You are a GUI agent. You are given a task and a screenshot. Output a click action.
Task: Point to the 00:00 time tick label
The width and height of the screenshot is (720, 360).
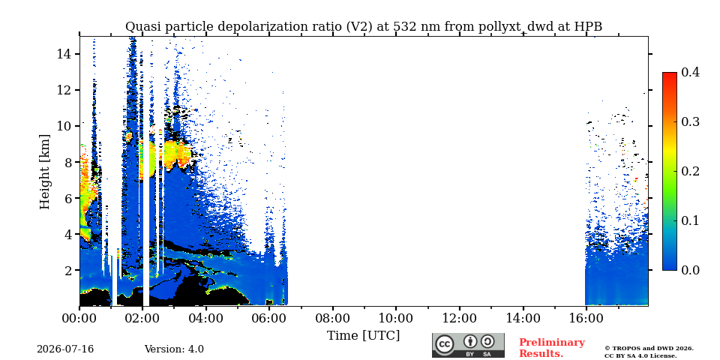click(x=79, y=318)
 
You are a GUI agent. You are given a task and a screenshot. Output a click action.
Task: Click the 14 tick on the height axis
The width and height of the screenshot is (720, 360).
click(x=64, y=54)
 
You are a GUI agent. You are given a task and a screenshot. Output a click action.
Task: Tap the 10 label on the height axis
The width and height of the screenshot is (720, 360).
click(x=64, y=126)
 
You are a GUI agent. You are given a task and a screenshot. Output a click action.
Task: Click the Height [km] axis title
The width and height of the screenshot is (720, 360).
click(x=44, y=172)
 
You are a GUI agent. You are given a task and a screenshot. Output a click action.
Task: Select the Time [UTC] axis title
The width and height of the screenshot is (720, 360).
click(x=363, y=336)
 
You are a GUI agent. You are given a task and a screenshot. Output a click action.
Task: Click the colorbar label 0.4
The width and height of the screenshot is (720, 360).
click(x=690, y=72)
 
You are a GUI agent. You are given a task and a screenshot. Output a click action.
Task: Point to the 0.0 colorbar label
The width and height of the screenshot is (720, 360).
click(x=690, y=270)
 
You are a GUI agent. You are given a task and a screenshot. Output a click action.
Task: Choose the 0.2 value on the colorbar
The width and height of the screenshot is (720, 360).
click(x=690, y=171)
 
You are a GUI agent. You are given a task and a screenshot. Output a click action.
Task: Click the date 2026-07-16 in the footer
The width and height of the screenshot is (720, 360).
click(x=65, y=349)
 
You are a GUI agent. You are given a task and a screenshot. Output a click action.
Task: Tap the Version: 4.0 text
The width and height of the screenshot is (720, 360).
click(x=174, y=349)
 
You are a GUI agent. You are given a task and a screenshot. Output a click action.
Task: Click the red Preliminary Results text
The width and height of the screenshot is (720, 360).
click(x=552, y=348)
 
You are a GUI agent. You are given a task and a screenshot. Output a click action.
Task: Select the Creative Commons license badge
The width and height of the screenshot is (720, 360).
click(x=468, y=345)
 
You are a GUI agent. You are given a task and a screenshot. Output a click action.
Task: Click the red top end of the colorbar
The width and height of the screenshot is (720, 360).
click(x=670, y=73)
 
